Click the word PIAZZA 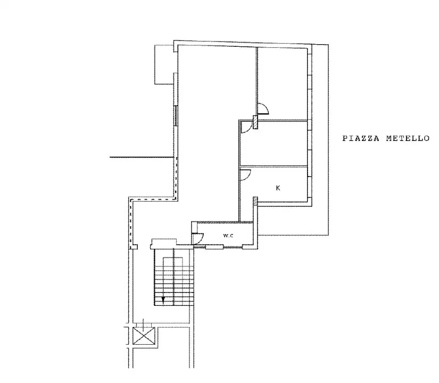pos(359,138)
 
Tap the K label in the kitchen pos(278,188)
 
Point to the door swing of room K pos(245,174)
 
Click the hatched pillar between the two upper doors pos(255,123)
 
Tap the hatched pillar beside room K pos(255,202)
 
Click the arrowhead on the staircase pos(163,300)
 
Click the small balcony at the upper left pos(163,64)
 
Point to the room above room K pos(274,144)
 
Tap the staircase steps pos(173,279)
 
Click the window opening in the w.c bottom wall pos(214,246)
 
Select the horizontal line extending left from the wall pos(142,157)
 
